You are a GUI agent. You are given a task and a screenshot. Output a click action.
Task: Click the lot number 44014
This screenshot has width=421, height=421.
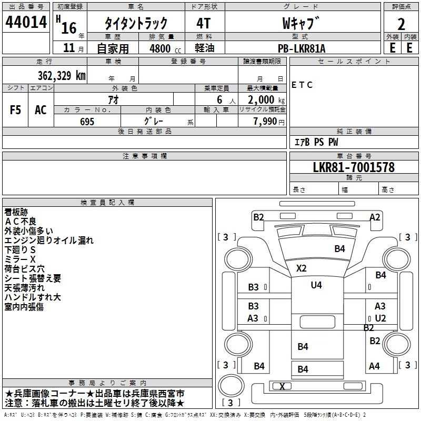coord(26,22)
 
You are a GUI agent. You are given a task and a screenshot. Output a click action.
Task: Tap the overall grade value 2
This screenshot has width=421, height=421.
coord(401,24)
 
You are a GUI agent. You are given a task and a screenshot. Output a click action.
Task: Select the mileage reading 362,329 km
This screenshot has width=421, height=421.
coord(62,75)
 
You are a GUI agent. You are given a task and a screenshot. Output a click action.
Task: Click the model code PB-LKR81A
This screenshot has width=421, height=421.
coord(302,48)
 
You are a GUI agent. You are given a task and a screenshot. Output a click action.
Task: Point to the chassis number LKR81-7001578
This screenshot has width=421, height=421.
coord(354,167)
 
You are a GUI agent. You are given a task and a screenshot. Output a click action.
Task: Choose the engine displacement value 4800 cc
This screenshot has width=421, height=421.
coord(165,48)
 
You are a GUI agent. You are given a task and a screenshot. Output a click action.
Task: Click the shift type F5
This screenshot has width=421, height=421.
coord(15,110)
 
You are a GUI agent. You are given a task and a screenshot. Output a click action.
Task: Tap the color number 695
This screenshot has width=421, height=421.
coord(87,122)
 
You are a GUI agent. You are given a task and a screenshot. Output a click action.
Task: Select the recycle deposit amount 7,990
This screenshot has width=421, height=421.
coord(265,122)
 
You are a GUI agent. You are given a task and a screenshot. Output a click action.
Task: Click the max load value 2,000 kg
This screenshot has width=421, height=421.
coord(266,100)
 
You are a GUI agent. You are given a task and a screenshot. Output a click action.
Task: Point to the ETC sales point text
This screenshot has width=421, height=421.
coord(302,85)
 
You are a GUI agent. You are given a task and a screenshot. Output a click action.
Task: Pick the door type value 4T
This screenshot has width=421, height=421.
coord(203,23)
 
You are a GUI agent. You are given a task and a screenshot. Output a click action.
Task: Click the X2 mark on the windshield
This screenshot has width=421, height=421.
coord(301,268)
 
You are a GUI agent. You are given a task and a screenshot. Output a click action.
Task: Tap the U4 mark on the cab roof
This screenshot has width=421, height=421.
coord(316,285)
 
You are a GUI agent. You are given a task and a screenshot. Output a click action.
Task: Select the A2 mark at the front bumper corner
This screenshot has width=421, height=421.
coord(375,217)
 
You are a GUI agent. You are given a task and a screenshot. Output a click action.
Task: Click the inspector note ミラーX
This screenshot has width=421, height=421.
coord(20,259)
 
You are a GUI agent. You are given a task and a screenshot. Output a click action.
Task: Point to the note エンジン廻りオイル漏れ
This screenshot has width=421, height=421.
coord(49,240)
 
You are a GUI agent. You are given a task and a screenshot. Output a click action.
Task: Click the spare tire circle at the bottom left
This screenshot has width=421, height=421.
coord(231,386)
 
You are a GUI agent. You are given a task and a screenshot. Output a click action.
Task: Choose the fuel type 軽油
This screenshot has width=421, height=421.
coord(205,48)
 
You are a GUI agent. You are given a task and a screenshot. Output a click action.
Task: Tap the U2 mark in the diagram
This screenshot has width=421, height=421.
coord(380,318)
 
